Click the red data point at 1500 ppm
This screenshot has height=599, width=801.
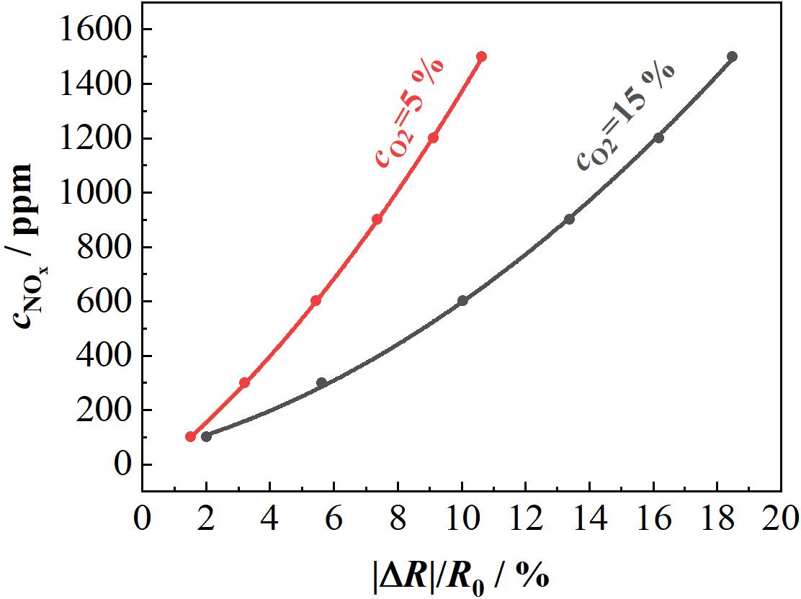pyautogui.click(x=481, y=56)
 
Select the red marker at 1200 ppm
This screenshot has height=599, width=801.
pyautogui.click(x=433, y=138)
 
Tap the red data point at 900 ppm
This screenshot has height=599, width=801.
pyautogui.click(x=377, y=219)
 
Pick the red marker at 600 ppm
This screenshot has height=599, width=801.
pyautogui.click(x=316, y=300)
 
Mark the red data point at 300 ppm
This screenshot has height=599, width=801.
pyautogui.click(x=244, y=382)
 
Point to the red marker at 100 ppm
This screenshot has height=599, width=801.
pyautogui.click(x=190, y=436)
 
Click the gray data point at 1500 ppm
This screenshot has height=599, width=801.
pyautogui.click(x=733, y=56)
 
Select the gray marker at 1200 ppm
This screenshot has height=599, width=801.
pyautogui.click(x=658, y=138)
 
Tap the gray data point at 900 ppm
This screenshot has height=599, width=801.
pyautogui.click(x=569, y=219)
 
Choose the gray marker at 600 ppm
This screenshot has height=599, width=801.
pyautogui.click(x=462, y=300)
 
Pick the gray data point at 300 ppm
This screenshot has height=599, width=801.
pyautogui.click(x=321, y=382)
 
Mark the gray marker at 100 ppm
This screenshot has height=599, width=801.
pyautogui.click(x=206, y=436)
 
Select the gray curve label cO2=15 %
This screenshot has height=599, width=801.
pyautogui.click(x=625, y=115)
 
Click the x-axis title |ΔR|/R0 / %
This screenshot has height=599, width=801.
pyautogui.click(x=462, y=574)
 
